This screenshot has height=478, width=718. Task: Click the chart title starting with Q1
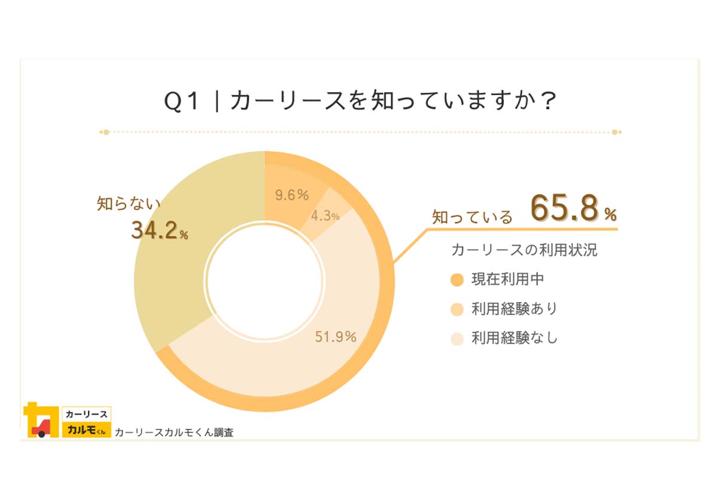coord(361,101)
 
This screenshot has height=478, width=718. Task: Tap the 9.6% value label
coord(291,195)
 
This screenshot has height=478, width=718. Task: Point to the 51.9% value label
coord(336,337)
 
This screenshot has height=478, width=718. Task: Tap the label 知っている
coord(472,217)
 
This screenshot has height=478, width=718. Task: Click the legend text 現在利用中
coord(507,279)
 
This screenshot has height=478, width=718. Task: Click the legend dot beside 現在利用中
coord(457,280)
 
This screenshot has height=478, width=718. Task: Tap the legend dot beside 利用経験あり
coord(457,309)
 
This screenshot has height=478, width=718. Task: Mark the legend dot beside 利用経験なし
coord(457,339)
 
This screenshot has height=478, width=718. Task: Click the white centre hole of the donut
coord(264,281)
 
